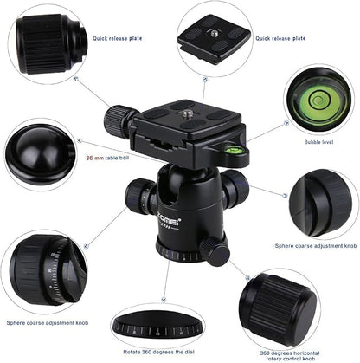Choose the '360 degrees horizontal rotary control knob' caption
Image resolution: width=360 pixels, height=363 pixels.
[288, 356]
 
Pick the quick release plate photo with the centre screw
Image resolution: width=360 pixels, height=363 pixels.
[214, 37]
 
